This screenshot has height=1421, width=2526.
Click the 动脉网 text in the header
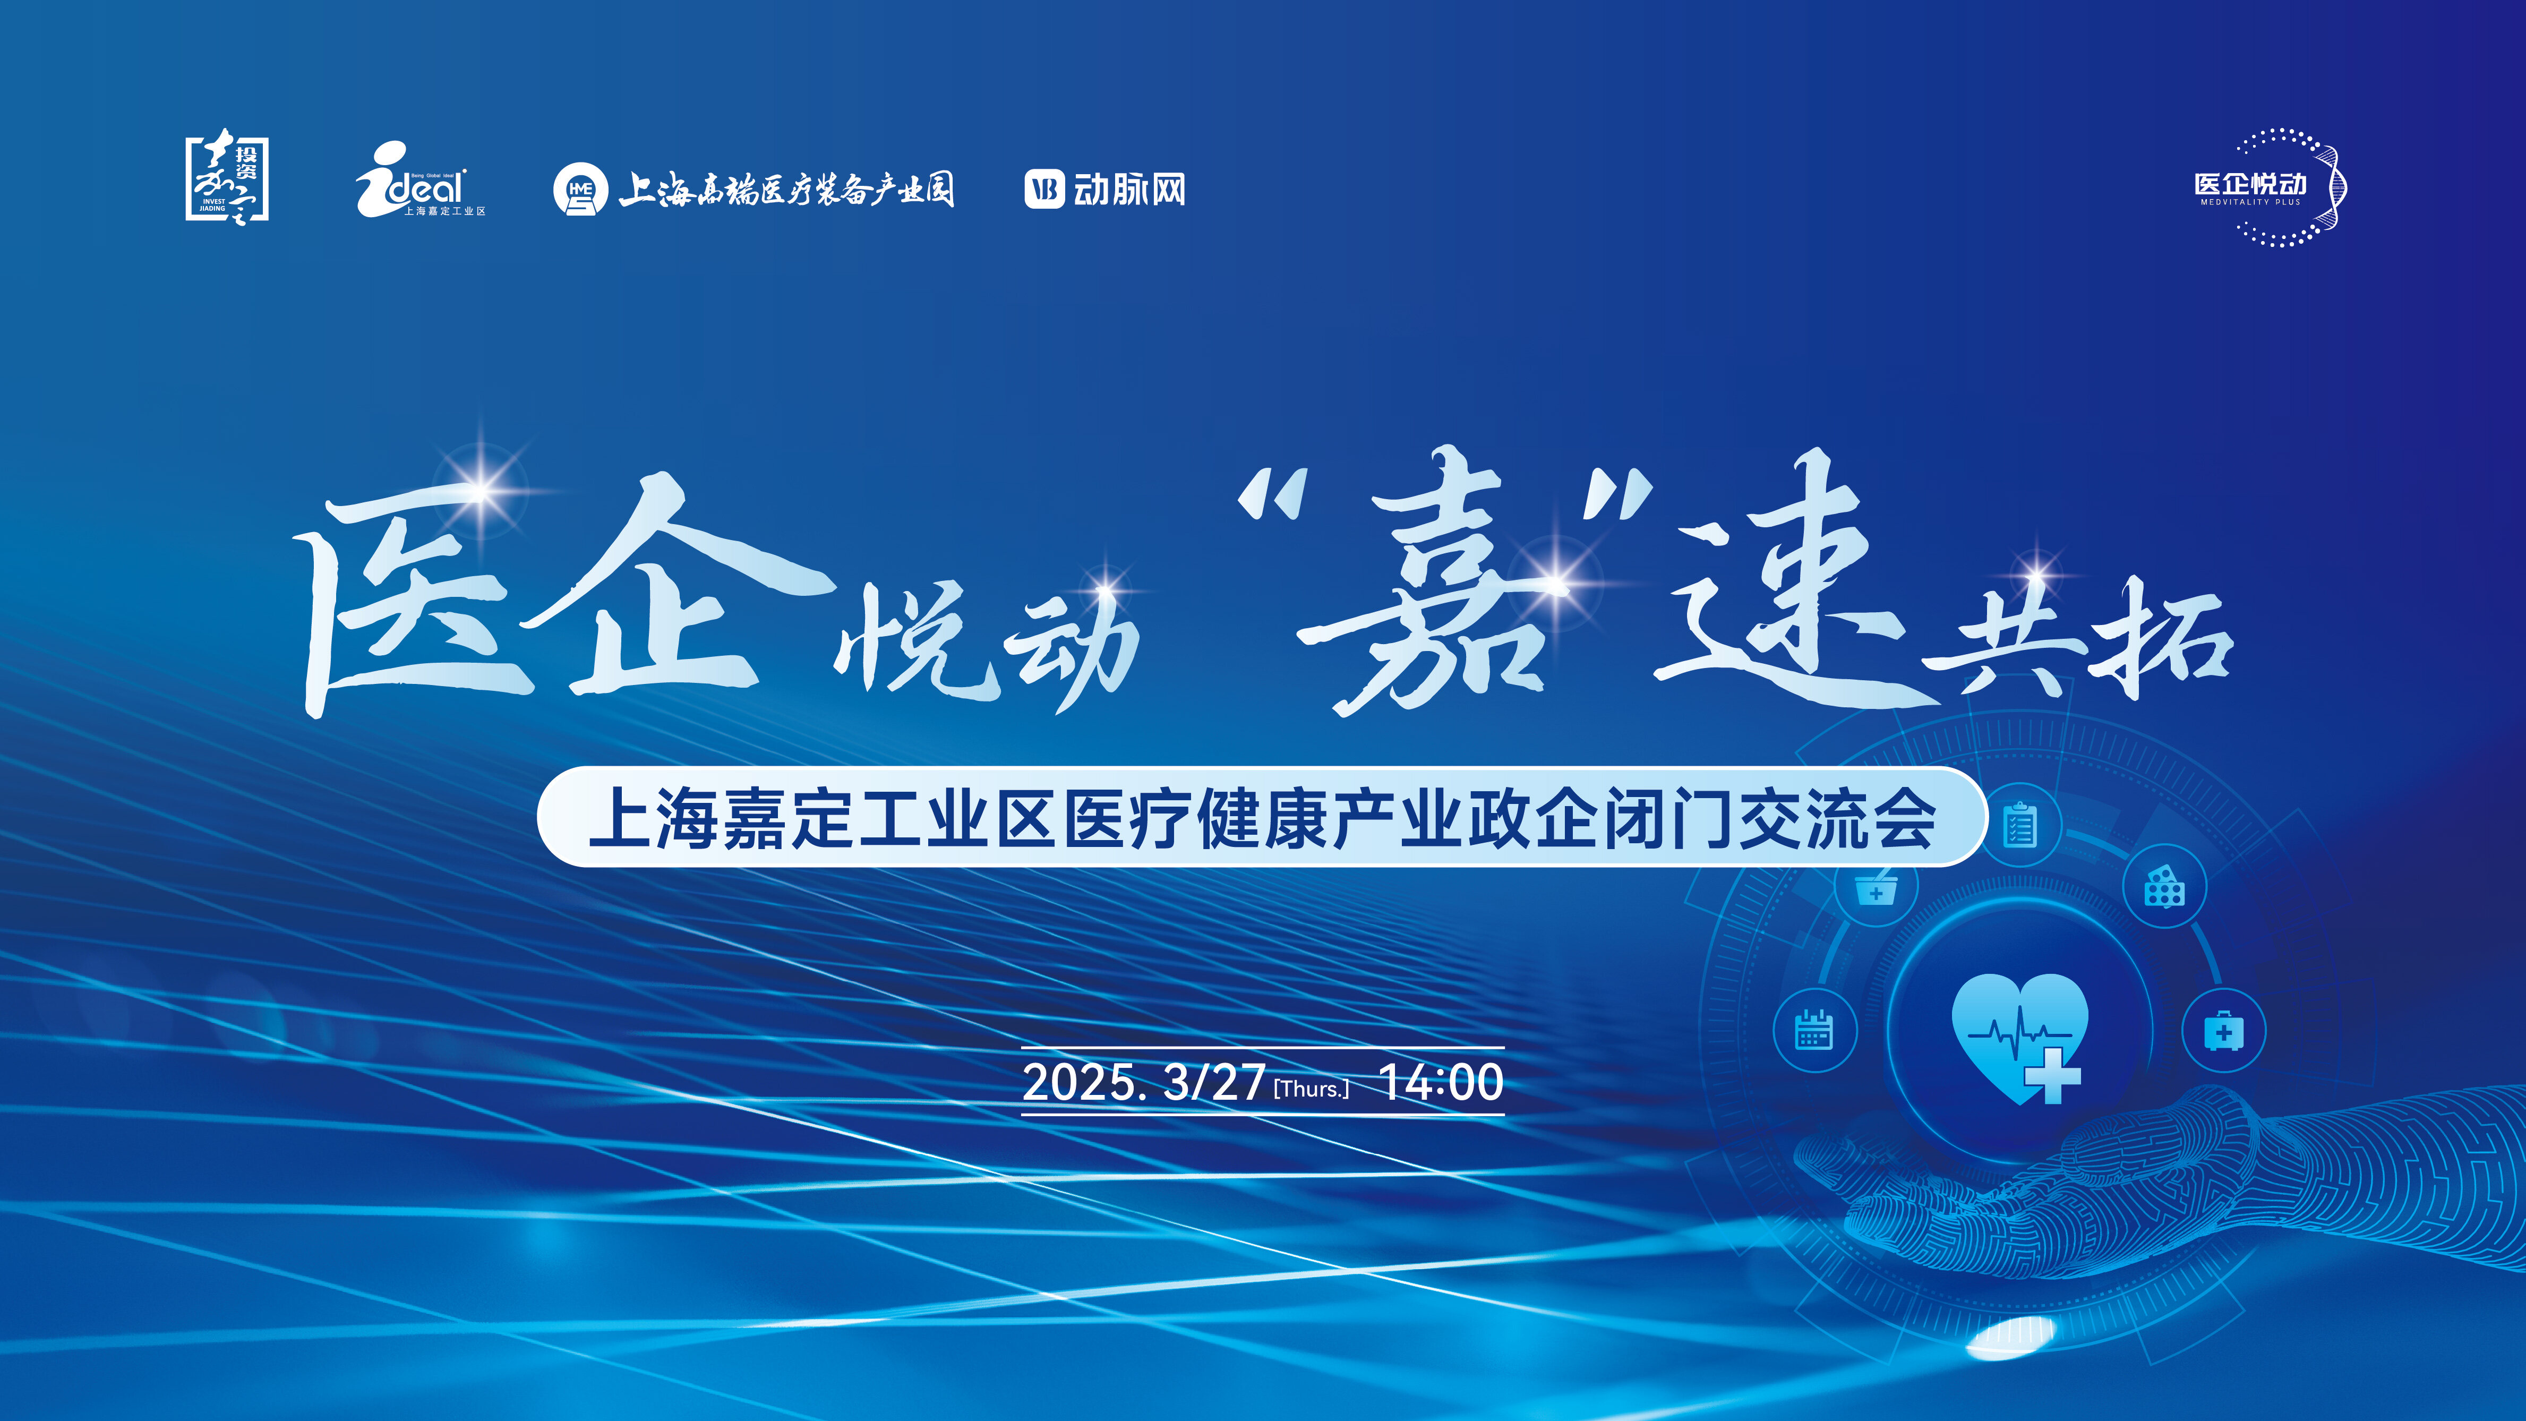(x=1129, y=189)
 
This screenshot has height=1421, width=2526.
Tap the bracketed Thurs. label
(x=1311, y=1089)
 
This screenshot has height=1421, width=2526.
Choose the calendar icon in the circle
(x=1814, y=1030)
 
